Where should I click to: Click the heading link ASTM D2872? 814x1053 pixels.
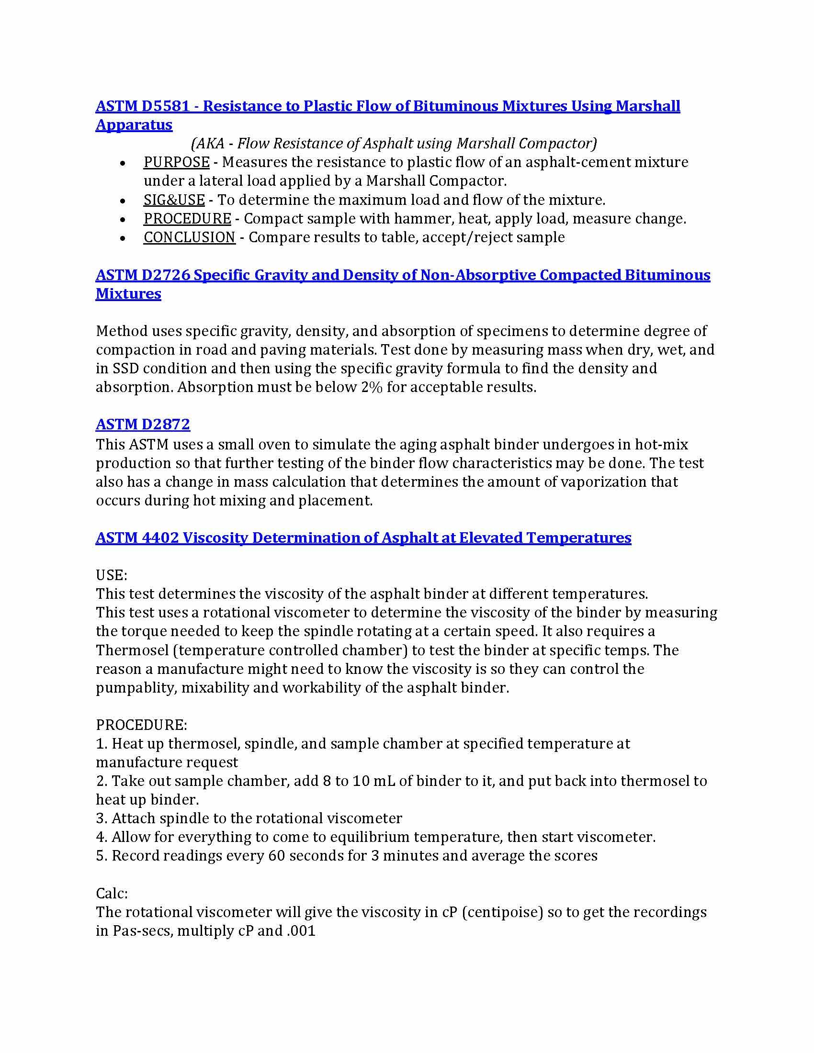point(143,424)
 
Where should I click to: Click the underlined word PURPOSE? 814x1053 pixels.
point(176,162)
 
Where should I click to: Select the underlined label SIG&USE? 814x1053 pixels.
point(174,200)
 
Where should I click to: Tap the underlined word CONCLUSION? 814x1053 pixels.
point(189,237)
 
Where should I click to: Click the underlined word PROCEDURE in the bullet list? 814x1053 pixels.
point(187,218)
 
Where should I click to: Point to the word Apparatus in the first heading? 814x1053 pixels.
point(134,124)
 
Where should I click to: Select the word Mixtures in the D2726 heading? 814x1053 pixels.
point(128,293)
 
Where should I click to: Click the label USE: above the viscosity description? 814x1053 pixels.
point(112,575)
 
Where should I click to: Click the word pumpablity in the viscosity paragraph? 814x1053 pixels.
point(136,687)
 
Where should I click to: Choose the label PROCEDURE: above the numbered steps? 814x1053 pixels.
point(141,725)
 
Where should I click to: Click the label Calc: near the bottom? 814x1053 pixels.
point(112,893)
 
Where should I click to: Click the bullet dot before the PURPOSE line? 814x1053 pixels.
point(123,163)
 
